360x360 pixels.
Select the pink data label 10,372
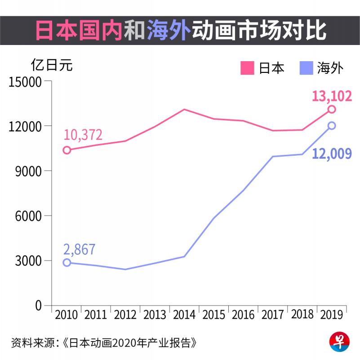click(x=83, y=135)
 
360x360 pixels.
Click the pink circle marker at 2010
click(x=67, y=150)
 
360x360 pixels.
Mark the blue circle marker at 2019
click(x=332, y=126)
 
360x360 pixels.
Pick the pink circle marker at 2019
click(x=332, y=109)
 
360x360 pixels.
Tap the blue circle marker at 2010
click(x=67, y=262)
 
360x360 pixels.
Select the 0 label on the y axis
click(x=38, y=306)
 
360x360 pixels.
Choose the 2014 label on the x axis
click(x=184, y=315)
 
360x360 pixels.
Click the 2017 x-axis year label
click(x=272, y=315)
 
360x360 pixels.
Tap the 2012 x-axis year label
click(x=125, y=315)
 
